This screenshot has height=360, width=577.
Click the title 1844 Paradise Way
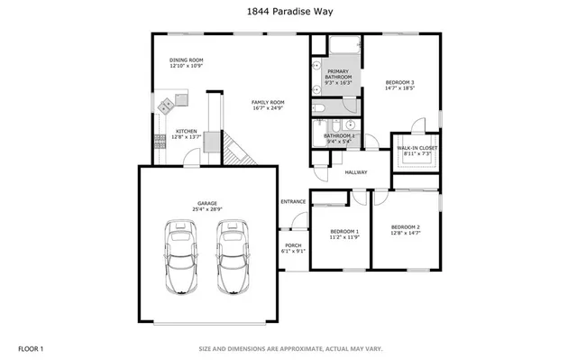click(x=288, y=12)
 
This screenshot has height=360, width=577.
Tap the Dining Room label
click(x=186, y=63)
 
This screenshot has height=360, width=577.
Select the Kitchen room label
click(x=186, y=133)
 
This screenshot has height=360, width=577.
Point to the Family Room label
click(x=268, y=105)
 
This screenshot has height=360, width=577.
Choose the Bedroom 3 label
click(x=398, y=86)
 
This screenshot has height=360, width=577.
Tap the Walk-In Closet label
click(x=414, y=151)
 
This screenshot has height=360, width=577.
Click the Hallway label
click(x=356, y=171)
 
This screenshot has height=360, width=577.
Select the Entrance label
click(x=293, y=201)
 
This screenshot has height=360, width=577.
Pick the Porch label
click(x=293, y=247)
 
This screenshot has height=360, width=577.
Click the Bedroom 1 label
click(x=344, y=234)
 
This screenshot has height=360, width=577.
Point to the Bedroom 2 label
click(x=406, y=229)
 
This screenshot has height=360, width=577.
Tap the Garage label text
click(x=207, y=207)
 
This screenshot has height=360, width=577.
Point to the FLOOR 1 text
click(x=31, y=347)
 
